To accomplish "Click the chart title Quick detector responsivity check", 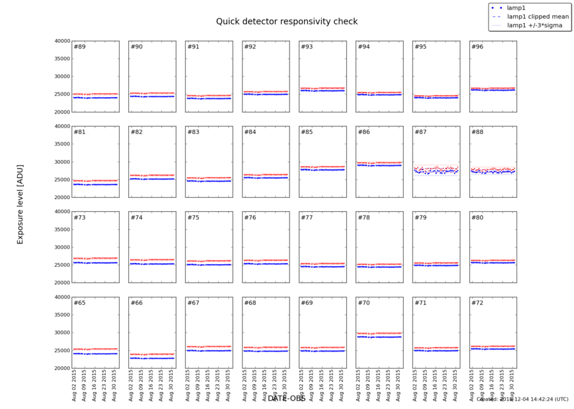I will [x=286, y=22].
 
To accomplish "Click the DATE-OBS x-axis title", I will [x=286, y=398].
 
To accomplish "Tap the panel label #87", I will [x=420, y=132].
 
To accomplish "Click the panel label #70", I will [x=364, y=302].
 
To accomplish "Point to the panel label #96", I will [x=477, y=47].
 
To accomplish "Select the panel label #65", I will [x=80, y=302].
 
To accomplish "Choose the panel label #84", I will [x=250, y=132].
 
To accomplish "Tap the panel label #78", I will [x=364, y=218].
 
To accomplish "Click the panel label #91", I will [x=193, y=47].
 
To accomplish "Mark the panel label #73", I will [x=80, y=218].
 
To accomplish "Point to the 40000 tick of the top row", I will [x=61, y=41].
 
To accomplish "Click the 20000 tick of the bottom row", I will [x=61, y=368].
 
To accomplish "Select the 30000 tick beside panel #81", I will [x=61, y=162].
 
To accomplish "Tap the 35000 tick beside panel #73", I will [x=61, y=230].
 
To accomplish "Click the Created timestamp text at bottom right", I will [x=522, y=399].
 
